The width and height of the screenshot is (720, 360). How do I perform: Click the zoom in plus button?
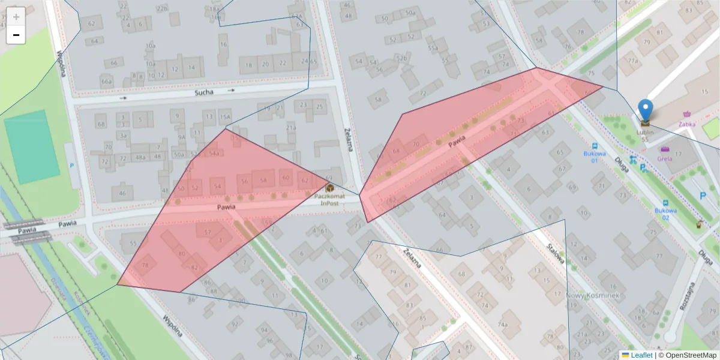tap(16, 17)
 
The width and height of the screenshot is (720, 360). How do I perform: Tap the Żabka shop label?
tap(687, 124)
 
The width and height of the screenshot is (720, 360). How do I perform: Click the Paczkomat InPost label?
tap(329, 199)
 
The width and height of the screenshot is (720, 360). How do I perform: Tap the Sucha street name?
tap(204, 93)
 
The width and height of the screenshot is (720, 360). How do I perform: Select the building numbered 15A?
tap(225, 116)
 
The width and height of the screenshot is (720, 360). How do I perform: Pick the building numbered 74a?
tap(503, 325)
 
